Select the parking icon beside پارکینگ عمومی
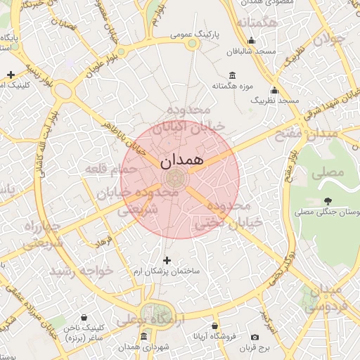click(193, 44)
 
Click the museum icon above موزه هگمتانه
click(233, 75)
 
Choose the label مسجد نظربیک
click(278, 101)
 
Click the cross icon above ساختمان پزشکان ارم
click(167, 261)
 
